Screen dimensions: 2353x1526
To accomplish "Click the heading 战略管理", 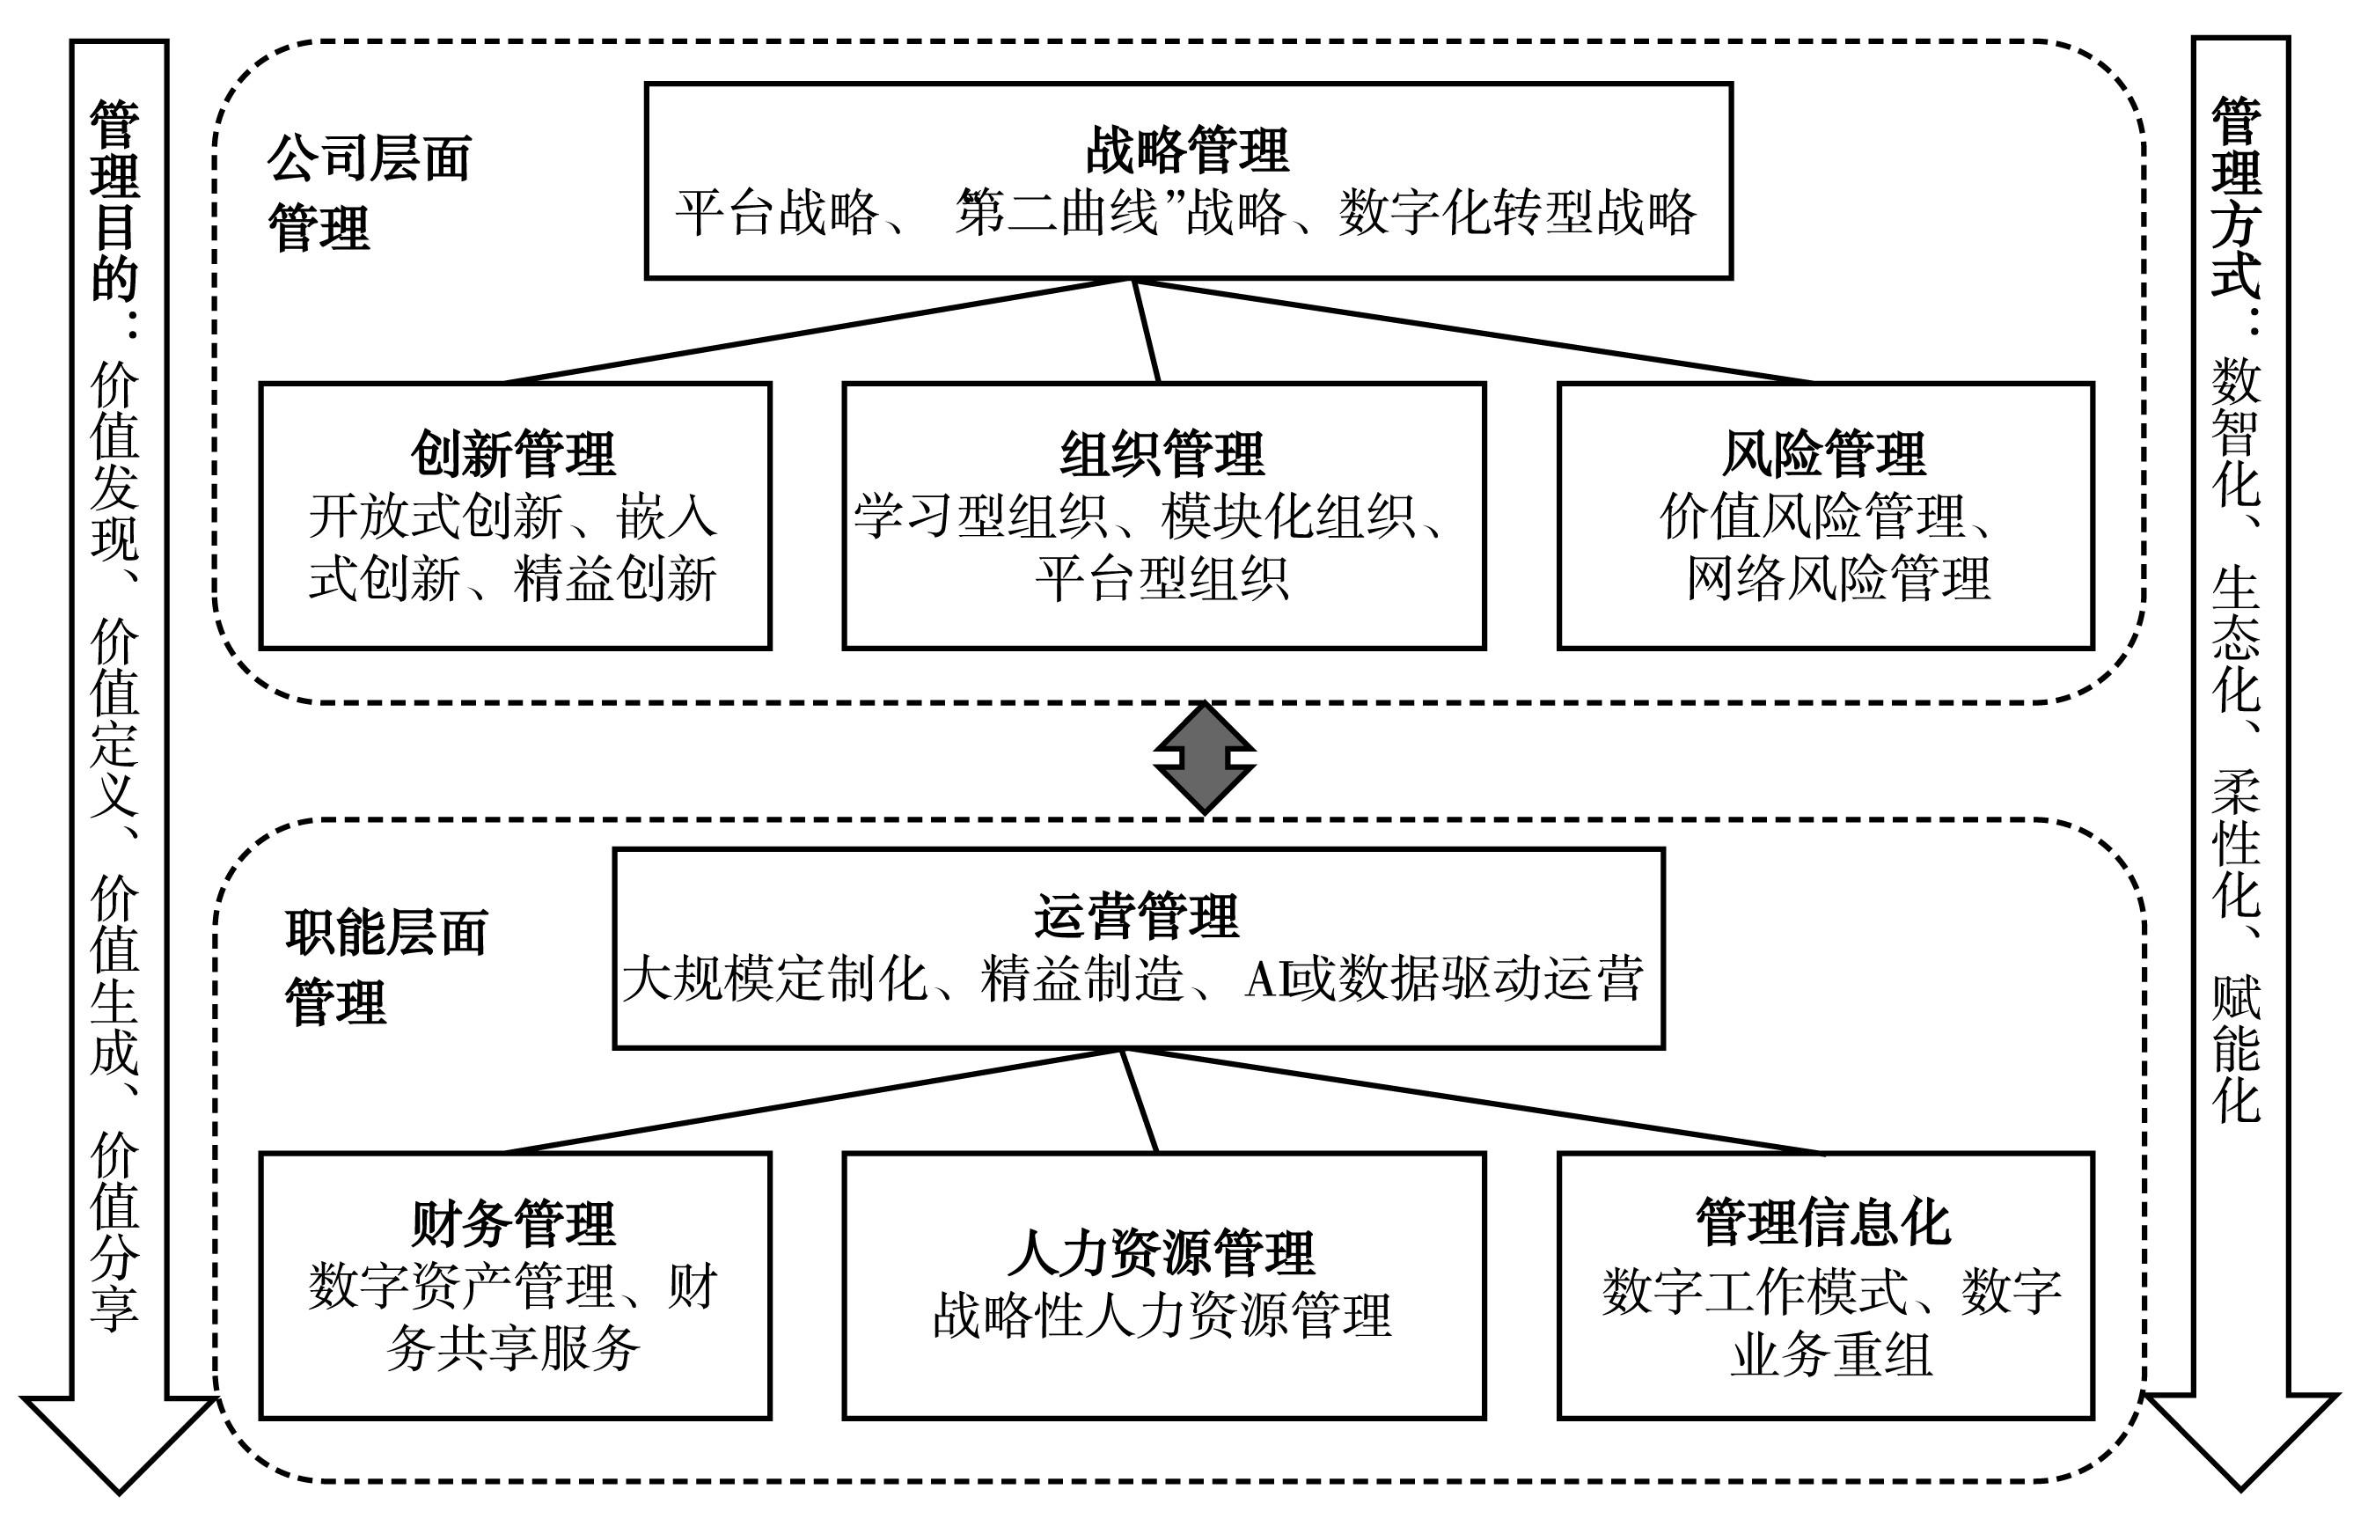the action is point(1187,150).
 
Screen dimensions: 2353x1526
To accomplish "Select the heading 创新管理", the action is point(513,454).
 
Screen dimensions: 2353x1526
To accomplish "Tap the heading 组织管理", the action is point(1162,454).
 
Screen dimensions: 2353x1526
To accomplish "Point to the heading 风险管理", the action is point(1824,454).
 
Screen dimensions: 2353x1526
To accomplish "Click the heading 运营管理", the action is point(1137,916).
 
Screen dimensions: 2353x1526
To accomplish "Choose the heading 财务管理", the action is point(513,1223).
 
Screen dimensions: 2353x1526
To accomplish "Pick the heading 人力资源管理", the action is point(1162,1253).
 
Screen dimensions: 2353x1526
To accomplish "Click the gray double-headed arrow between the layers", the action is point(1204,759).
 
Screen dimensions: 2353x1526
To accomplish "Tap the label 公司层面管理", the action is point(369,193).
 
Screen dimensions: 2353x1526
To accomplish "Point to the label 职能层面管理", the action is point(386,967).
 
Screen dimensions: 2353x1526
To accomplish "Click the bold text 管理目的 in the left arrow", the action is point(115,200).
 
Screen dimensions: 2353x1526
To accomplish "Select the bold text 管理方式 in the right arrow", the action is point(2236,197).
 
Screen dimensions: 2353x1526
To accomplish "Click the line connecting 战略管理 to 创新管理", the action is point(818,331).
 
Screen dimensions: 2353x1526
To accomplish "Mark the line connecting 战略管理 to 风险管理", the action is point(1474,331).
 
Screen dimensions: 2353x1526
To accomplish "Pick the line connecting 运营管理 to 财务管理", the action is point(813,1101).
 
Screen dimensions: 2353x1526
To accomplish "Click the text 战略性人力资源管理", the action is point(1162,1316).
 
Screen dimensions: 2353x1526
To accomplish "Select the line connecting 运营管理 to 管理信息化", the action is point(1473,1101).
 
